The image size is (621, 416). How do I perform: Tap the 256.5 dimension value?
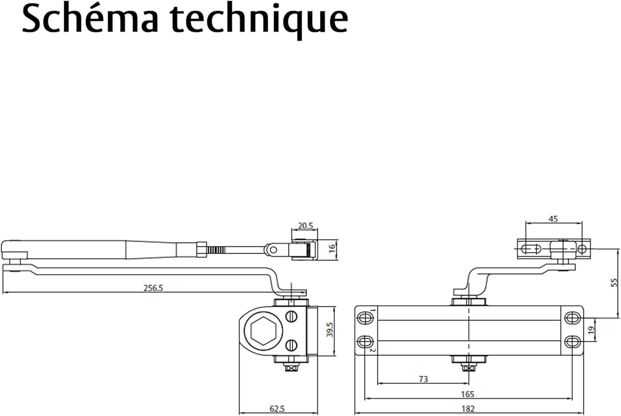153,288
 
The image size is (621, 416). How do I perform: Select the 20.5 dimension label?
305,226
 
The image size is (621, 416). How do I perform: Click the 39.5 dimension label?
330,329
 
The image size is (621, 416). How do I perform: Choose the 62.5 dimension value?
277,409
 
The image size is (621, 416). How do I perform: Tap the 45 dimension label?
553,219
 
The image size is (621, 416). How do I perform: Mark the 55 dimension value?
614,282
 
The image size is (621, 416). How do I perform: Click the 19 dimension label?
591,330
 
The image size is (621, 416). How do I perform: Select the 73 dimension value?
424,379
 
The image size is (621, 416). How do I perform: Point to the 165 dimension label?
467,394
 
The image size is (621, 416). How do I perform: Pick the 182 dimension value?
468,409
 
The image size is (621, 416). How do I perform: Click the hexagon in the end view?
263,331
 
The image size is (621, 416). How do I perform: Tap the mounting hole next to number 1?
364,318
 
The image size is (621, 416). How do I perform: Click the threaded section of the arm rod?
216,250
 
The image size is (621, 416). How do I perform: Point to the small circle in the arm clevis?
273,250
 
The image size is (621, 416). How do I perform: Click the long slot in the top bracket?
530,249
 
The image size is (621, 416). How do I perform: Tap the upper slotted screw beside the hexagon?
291,316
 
